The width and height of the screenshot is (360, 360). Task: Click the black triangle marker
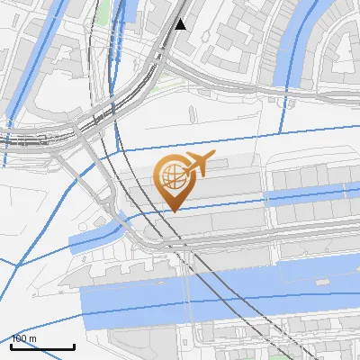[x=181, y=24]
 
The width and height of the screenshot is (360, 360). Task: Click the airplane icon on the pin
[x=198, y=164]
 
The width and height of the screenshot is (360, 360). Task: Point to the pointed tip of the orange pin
[x=172, y=211]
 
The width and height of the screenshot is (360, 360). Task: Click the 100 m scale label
[x=24, y=338]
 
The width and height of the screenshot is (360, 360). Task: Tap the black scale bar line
[x=42, y=346]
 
